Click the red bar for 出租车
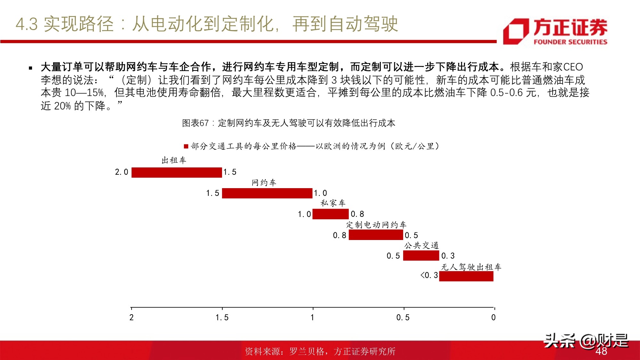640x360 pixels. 177,172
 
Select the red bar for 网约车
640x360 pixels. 267,193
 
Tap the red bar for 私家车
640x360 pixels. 330,214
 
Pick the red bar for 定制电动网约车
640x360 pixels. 376,235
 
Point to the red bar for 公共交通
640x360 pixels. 421,256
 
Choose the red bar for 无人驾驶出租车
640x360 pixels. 466,276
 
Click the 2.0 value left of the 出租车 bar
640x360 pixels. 122,172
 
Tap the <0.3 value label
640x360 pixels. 429,275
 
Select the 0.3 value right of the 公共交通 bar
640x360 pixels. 448,256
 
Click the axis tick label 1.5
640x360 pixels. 222,317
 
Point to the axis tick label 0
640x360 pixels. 493,317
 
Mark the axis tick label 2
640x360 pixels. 132,317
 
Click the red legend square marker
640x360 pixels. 186,147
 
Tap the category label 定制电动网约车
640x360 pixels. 376,225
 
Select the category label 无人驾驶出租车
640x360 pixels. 471,267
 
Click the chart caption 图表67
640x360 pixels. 195,123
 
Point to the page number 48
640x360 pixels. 601,351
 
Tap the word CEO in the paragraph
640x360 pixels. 573,67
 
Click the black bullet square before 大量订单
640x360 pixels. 31,68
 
